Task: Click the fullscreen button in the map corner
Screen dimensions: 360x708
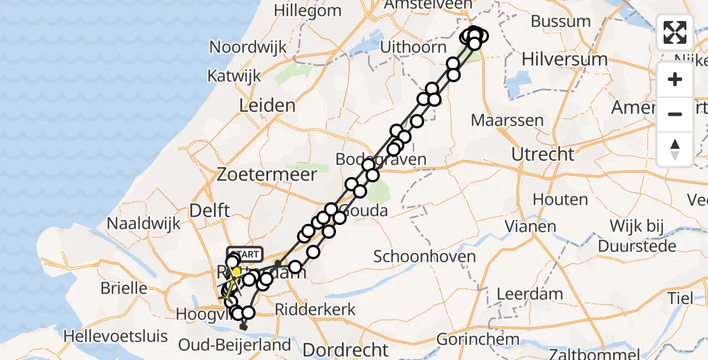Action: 675,32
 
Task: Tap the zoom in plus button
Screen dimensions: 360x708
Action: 675,79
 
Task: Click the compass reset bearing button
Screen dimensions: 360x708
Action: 675,149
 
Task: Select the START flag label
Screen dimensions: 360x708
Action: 244,253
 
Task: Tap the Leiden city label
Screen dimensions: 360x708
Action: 267,106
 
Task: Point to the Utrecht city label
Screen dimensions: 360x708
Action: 542,154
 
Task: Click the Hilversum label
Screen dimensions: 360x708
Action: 564,59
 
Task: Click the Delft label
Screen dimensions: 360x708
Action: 209,211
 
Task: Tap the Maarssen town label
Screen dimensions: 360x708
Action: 507,119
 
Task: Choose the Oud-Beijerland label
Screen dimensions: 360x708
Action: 235,345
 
